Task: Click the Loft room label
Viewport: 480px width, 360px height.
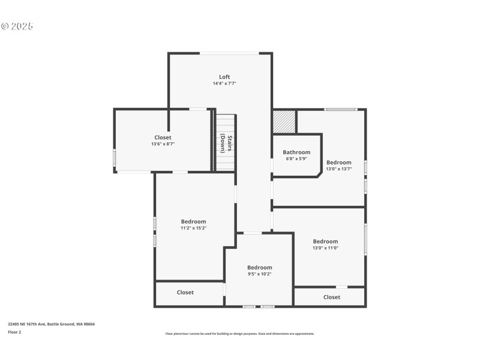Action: pyautogui.click(x=224, y=77)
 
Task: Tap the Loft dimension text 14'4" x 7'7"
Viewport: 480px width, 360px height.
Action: pyautogui.click(x=224, y=83)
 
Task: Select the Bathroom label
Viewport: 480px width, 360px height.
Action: pyautogui.click(x=296, y=152)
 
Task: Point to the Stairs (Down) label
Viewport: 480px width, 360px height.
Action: pyautogui.click(x=226, y=143)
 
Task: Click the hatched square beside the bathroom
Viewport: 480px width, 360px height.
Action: pyautogui.click(x=284, y=122)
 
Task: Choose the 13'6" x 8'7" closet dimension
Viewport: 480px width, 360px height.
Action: pyautogui.click(x=163, y=144)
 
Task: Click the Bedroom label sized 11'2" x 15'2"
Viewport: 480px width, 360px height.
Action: pyautogui.click(x=193, y=221)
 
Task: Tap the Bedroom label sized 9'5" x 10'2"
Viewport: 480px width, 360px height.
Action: pyautogui.click(x=260, y=267)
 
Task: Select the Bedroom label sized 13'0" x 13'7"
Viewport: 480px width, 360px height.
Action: pyautogui.click(x=339, y=162)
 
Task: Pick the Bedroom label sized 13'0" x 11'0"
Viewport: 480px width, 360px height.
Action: pyautogui.click(x=325, y=241)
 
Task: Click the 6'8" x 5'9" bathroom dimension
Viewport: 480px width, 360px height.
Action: pyautogui.click(x=296, y=158)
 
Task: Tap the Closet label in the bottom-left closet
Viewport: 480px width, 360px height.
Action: pyautogui.click(x=185, y=292)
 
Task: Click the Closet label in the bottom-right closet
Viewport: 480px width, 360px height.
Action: pyautogui.click(x=332, y=297)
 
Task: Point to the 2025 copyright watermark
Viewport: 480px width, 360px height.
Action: pyautogui.click(x=17, y=26)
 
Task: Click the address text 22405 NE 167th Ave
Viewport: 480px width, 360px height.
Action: pyautogui.click(x=27, y=324)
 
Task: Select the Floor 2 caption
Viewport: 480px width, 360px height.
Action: pyautogui.click(x=14, y=332)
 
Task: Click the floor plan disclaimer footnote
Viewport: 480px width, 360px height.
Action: pyautogui.click(x=239, y=334)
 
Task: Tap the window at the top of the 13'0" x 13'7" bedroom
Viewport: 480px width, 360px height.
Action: pyautogui.click(x=341, y=109)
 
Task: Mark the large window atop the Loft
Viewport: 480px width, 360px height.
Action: pyautogui.click(x=230, y=53)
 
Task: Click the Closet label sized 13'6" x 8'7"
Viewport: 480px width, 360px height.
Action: pyautogui.click(x=163, y=137)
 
